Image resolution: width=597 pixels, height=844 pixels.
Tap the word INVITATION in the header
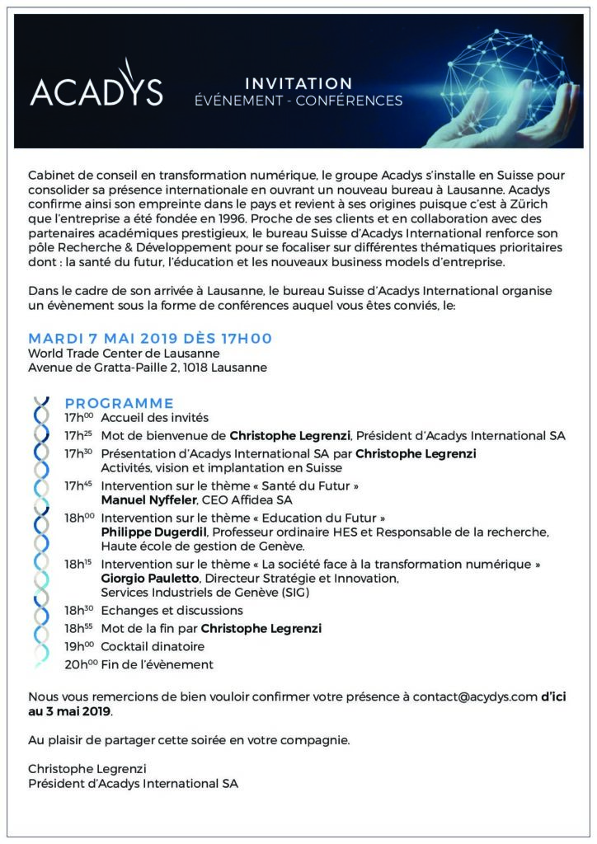point(298,83)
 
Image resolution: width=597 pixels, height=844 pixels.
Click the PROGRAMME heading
point(120,403)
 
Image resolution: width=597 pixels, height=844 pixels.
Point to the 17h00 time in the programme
point(79,418)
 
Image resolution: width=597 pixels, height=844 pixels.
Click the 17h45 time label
point(79,485)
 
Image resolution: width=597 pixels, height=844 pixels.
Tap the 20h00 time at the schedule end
point(79,663)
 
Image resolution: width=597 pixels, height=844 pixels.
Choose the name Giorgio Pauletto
point(147,579)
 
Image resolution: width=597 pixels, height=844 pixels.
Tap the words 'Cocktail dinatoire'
point(153,646)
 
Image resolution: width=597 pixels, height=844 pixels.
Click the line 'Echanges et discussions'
point(172,611)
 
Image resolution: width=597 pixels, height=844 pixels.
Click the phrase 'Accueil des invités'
point(154,418)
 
